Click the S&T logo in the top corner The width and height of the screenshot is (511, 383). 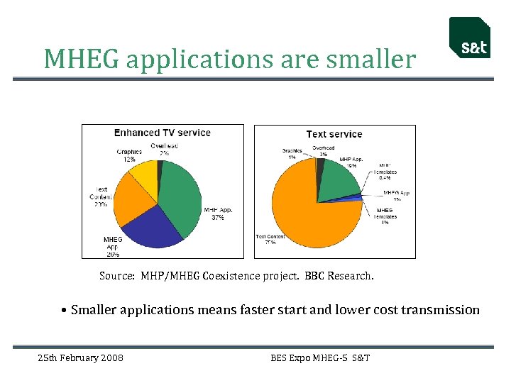[x=469, y=38]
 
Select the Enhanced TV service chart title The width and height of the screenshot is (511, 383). [x=163, y=133]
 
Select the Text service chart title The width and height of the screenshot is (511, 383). [x=334, y=134]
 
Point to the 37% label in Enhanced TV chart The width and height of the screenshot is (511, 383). [x=216, y=218]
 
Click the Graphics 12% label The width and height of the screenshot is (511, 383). [x=130, y=155]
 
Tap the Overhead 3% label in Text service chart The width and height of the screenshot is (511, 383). [x=324, y=151]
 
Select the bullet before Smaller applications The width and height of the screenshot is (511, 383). [x=65, y=310]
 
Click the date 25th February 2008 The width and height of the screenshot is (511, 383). [x=80, y=357]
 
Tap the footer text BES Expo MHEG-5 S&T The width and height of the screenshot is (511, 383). [x=320, y=357]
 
